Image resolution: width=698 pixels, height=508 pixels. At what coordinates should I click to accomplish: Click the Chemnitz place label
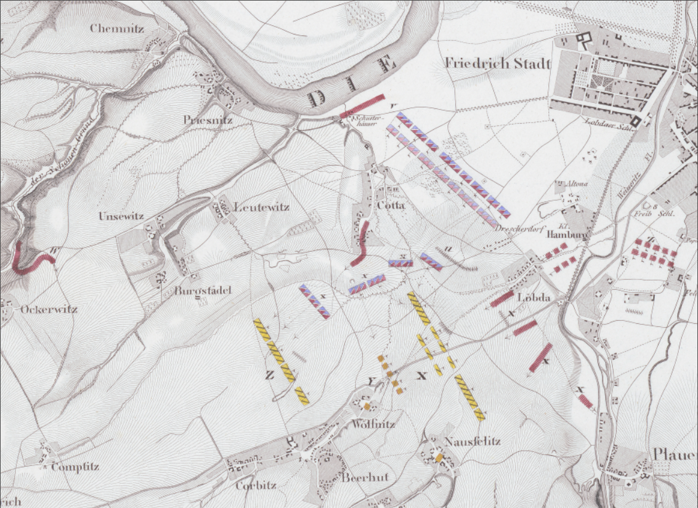click(x=117, y=28)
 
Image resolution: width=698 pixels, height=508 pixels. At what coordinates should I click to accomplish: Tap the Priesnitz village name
click(x=208, y=121)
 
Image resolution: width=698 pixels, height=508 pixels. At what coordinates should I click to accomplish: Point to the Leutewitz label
click(x=261, y=208)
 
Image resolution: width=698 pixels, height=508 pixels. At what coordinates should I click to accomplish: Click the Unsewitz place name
click(x=121, y=217)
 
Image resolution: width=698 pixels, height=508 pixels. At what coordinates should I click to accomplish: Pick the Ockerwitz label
click(x=49, y=309)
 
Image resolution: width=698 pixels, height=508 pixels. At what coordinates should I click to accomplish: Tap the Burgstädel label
click(x=203, y=291)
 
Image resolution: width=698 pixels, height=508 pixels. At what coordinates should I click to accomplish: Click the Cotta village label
click(x=391, y=205)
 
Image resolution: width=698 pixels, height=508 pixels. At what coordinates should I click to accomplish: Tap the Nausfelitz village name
click(x=472, y=441)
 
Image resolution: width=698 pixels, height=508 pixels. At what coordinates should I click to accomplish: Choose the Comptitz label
click(x=75, y=467)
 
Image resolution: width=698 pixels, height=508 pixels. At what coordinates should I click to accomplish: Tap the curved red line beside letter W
click(x=31, y=265)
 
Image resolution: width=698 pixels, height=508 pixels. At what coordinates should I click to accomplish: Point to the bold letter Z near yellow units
click(x=269, y=376)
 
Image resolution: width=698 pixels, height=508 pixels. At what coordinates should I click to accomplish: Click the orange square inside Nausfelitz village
click(x=439, y=458)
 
